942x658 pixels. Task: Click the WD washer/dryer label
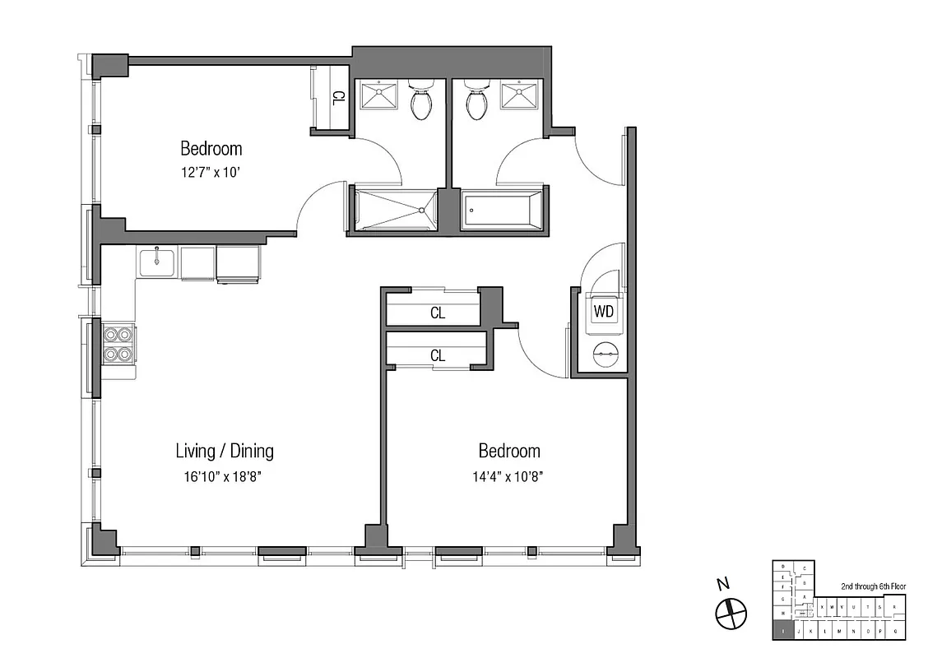(x=603, y=312)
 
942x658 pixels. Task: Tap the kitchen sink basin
(x=155, y=263)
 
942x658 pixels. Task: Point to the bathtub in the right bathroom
(x=502, y=211)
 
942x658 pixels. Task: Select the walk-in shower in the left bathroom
(x=394, y=211)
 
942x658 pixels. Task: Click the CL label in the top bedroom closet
(x=337, y=98)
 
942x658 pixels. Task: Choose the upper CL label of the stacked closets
(x=438, y=313)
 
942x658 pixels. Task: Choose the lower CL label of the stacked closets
(x=438, y=356)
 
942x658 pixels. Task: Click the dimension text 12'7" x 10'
(x=211, y=173)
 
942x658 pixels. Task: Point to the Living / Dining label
(x=225, y=451)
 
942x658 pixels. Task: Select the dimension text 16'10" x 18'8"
(x=225, y=475)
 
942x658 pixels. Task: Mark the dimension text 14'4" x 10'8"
(x=509, y=475)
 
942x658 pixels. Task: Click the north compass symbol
(x=730, y=611)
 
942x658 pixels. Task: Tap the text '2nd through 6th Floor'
(x=873, y=586)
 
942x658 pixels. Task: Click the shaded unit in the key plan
(x=784, y=632)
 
